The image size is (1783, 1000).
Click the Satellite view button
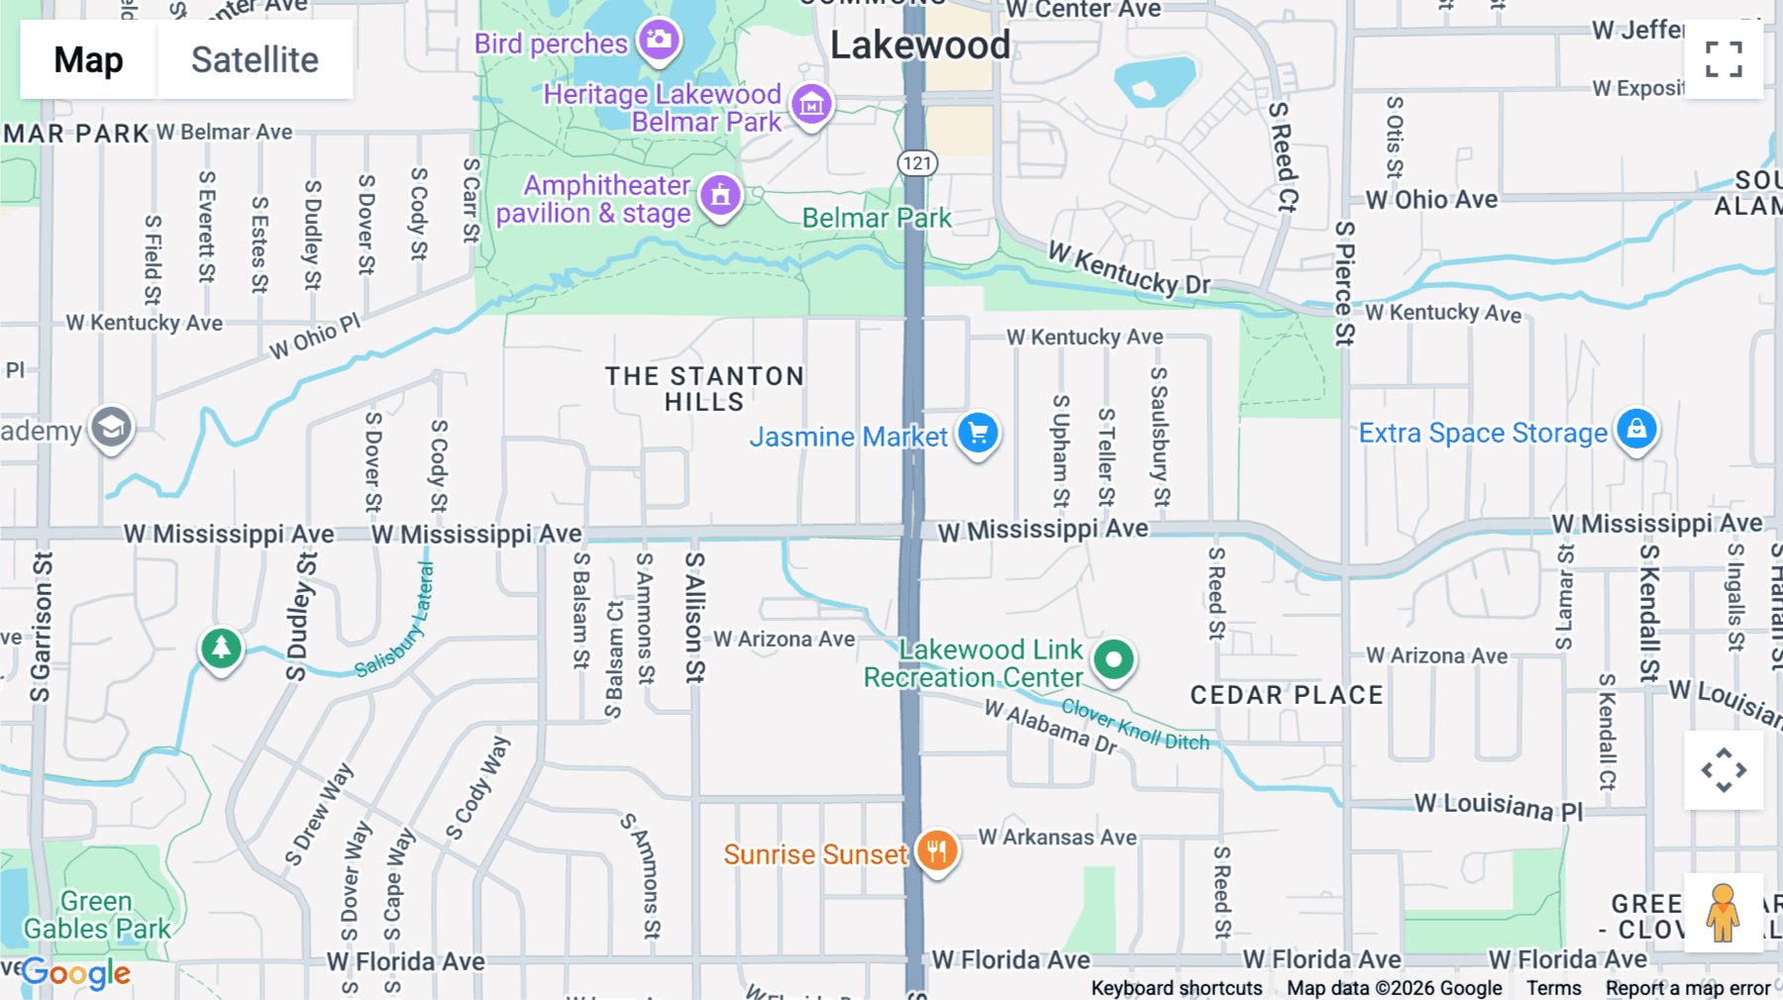coord(255,60)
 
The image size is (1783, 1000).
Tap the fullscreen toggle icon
coord(1724,59)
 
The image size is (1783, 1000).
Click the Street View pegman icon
coord(1723,913)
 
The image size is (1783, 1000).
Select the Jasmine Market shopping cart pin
coord(978,434)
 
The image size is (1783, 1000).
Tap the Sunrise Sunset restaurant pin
coord(936,850)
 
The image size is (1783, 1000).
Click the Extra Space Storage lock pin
coord(1636,430)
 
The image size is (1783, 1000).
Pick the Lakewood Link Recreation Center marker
coord(1113,659)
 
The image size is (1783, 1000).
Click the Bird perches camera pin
coord(659,41)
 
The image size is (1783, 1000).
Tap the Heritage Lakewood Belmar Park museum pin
coord(811,103)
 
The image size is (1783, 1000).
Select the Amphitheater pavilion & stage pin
coord(720,195)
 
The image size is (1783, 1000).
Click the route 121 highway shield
coord(917,163)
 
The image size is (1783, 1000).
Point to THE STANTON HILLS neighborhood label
coord(704,389)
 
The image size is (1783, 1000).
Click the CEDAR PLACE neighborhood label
coord(1286,695)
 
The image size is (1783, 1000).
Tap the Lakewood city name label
coord(920,46)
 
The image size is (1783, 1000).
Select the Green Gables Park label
coord(97,915)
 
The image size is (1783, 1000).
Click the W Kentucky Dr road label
coord(1129,268)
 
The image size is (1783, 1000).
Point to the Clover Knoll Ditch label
coord(1135,725)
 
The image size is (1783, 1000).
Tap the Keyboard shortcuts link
coord(1176,988)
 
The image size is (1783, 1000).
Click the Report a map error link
coord(1687,988)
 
